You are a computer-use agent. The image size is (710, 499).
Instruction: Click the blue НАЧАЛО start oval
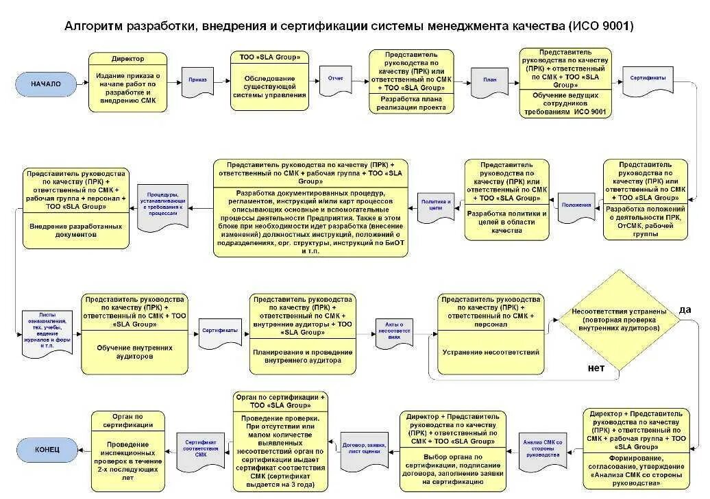coord(45,84)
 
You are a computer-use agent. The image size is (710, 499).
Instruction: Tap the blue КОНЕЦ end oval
coord(47,450)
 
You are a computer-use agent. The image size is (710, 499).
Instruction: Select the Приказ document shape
coord(197,80)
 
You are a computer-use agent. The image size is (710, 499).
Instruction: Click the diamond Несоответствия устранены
coord(618,320)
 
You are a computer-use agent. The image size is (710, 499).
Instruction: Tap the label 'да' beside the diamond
coord(685,309)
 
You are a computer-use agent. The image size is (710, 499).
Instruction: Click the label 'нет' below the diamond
coord(596,368)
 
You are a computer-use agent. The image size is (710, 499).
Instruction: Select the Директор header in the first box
coord(127,59)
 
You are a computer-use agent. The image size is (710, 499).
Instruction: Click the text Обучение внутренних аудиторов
coord(134,352)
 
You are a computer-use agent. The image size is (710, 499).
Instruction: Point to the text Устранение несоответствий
coord(491,353)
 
